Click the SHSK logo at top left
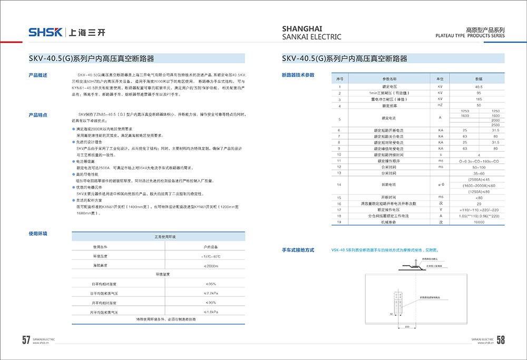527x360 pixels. click(x=45, y=32)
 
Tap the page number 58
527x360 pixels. click(x=501, y=340)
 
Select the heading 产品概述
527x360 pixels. click(x=38, y=75)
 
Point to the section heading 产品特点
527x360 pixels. click(x=38, y=114)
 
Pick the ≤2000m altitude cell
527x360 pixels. click(x=209, y=265)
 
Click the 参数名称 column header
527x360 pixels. click(x=389, y=78)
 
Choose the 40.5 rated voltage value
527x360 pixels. click(x=479, y=86)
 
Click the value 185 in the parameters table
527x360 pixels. click(x=479, y=99)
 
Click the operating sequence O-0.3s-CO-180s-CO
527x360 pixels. click(x=479, y=160)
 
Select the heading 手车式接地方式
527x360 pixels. click(x=298, y=250)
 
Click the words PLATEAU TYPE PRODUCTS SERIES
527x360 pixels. click(x=470, y=36)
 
